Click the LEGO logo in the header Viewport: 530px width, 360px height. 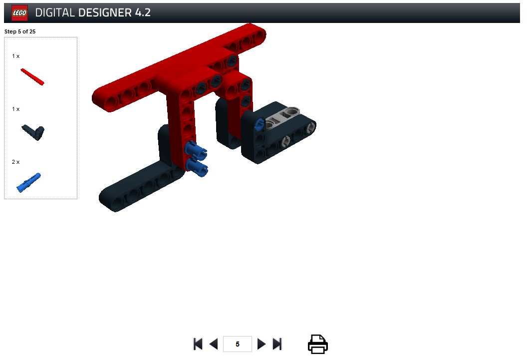click(x=19, y=13)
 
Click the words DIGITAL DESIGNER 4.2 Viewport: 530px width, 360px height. click(x=93, y=13)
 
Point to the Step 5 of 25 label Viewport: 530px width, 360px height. click(x=20, y=31)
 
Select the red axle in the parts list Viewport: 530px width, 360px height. click(x=32, y=77)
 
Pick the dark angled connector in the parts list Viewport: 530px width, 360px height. click(x=33, y=132)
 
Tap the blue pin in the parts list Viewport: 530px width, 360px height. click(x=29, y=183)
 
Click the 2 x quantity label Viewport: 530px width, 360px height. click(x=16, y=162)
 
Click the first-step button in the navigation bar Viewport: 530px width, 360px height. click(x=198, y=344)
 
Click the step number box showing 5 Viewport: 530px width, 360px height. click(x=237, y=344)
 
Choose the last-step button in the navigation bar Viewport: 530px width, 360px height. click(x=277, y=344)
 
